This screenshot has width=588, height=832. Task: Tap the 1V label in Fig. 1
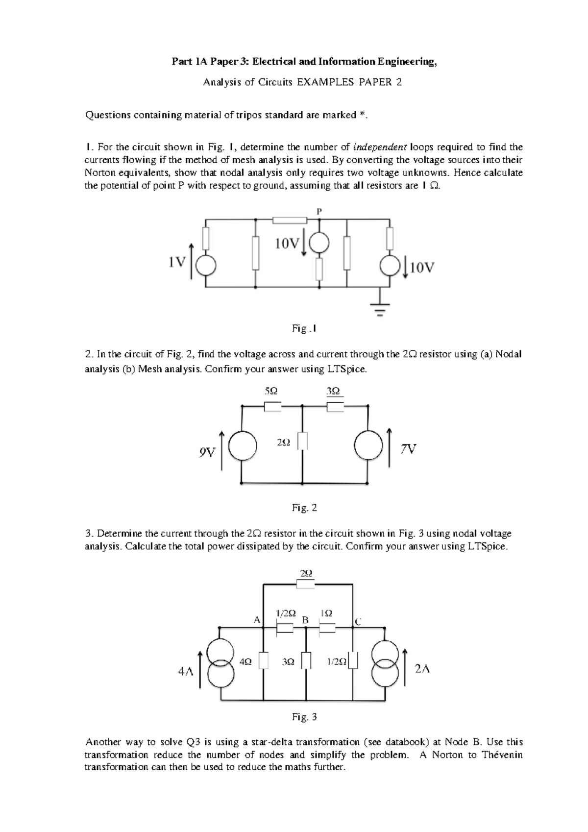[x=176, y=263]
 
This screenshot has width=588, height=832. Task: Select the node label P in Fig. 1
[x=319, y=212]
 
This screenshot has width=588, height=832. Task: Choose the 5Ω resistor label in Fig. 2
[x=270, y=391]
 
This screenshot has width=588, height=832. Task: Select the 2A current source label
[x=422, y=668]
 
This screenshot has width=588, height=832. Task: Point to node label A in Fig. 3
[x=256, y=619]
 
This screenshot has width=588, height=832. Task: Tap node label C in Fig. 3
[x=358, y=622]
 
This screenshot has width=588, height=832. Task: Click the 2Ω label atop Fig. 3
[x=306, y=573]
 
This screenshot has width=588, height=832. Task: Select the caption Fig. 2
[x=304, y=508]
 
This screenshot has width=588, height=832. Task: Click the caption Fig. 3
[x=304, y=717]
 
